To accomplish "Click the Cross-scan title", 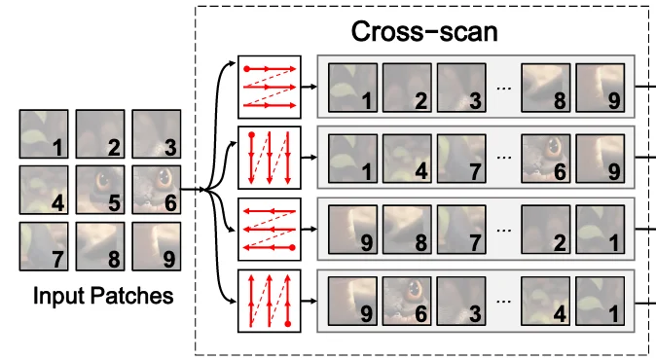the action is pos(424,31).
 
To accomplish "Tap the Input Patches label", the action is pos(103,296).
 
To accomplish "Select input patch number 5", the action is pos(100,190).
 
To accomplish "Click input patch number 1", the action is pos(44,134).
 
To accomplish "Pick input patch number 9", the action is pos(157,246).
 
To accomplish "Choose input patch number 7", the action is pos(44,246).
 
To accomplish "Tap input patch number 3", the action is pos(157,134).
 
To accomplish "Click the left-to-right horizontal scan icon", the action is pos(270,87).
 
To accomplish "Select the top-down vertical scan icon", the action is pos(270,158).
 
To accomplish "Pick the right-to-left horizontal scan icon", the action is pos(270,229).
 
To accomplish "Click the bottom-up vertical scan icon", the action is pos(270,301).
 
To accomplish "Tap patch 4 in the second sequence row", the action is pos(407,159).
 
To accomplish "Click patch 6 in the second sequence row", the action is pos(546,159).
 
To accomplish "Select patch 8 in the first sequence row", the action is pos(546,88).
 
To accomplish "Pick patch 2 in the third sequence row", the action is pos(546,230).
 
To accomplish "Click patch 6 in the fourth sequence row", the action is pos(407,301).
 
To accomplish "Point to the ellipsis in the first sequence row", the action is pos(504,89).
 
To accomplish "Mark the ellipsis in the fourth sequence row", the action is pos(504,302).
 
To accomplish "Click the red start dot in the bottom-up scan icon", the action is pos(287,324).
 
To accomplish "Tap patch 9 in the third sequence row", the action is pos(352,230).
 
